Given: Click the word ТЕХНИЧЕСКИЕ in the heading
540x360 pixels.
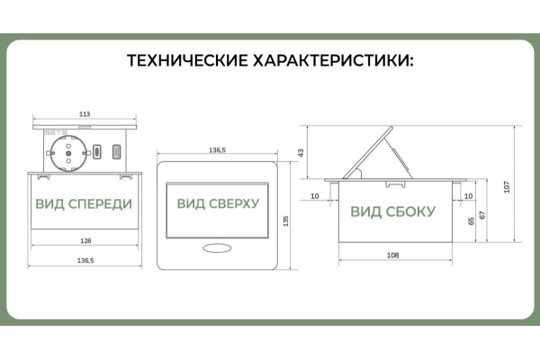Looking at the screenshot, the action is coord(187,60).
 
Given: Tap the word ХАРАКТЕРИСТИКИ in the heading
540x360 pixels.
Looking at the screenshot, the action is coord(333,60).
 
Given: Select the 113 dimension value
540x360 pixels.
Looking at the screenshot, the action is coord(85,114).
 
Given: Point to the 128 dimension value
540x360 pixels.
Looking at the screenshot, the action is coord(85,241).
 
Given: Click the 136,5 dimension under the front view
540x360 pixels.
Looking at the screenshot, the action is coord(85,260).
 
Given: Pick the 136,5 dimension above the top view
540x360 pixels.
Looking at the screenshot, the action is coord(217,150).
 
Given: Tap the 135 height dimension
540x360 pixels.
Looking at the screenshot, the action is coord(285,221).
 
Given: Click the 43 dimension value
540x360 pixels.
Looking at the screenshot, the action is coord(301,153).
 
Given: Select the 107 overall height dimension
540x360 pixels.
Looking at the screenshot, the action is coord(507,187).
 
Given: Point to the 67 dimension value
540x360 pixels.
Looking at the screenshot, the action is coord(482,215).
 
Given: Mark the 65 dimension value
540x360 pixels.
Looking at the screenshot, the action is coord(471,221).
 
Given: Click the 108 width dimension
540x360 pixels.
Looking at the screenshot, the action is coord(393,256).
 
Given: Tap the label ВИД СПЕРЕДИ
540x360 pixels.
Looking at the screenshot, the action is coord(84,204).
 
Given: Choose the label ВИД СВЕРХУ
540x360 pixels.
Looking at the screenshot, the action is coord(218,203).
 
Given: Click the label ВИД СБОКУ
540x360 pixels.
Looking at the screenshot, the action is coord(393,211).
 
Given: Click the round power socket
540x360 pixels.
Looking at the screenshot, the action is coord(68,153).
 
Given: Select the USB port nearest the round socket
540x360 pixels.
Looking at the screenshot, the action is coord(97,152).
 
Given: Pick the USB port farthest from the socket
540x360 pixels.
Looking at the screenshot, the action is coord(117,152).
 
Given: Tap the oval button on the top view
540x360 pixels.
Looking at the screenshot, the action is coord(217,248).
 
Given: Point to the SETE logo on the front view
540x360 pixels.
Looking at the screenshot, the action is coord(56,132).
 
